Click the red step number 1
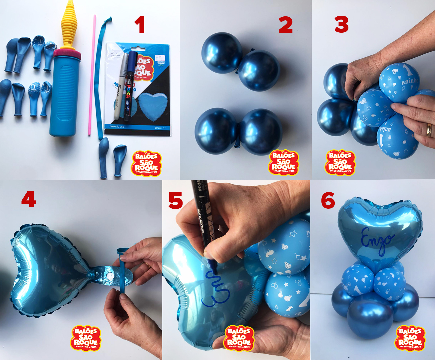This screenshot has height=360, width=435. (x=140, y=25)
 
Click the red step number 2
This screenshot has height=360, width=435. (x=286, y=25)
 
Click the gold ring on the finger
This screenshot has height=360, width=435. (x=429, y=130)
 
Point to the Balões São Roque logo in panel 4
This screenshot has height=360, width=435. (x=86, y=338)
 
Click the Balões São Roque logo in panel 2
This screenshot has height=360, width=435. (x=284, y=162)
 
